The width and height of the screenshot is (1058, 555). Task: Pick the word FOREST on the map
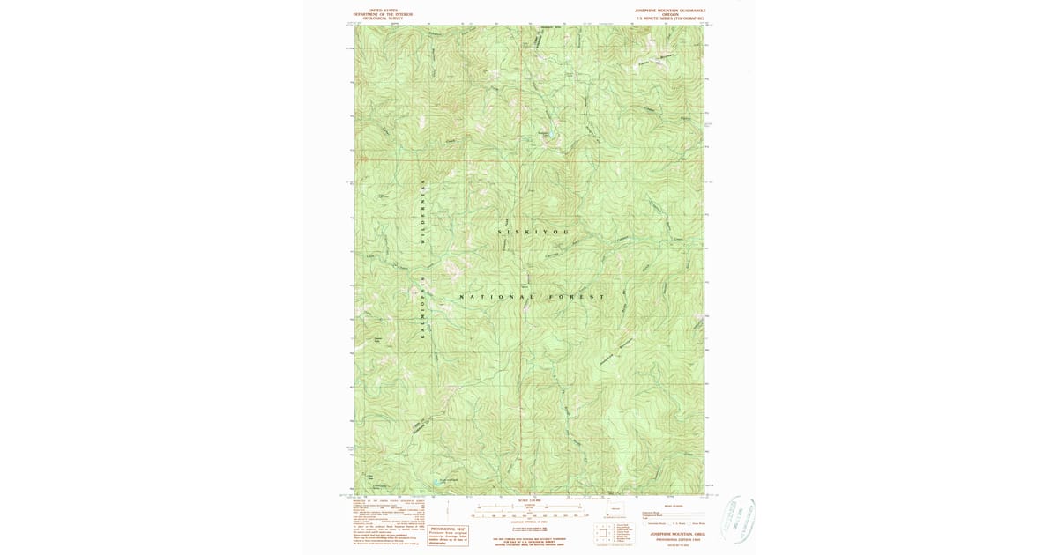click(577, 297)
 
